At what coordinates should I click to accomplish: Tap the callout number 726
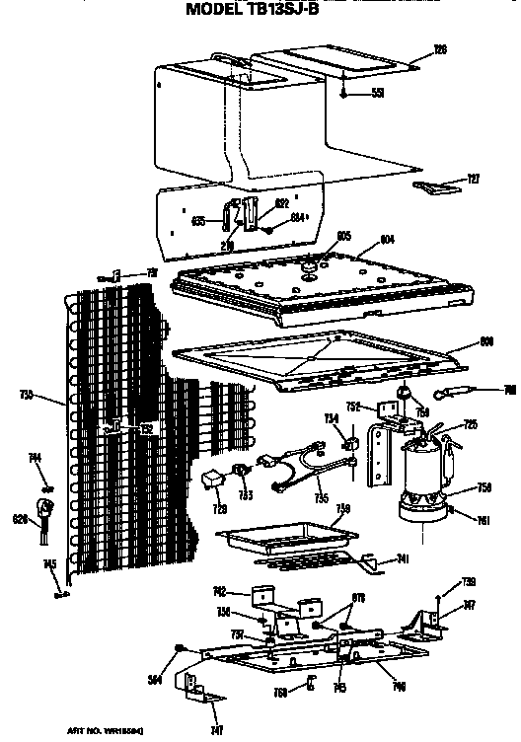pos(440,48)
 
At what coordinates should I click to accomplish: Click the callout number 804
pos(387,238)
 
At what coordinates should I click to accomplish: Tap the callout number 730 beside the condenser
pos(27,395)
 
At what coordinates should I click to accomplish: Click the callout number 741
pos(403,559)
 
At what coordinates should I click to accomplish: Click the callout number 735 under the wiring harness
pos(321,500)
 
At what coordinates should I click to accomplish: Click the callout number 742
pos(219,591)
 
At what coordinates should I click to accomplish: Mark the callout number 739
pos(470,582)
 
